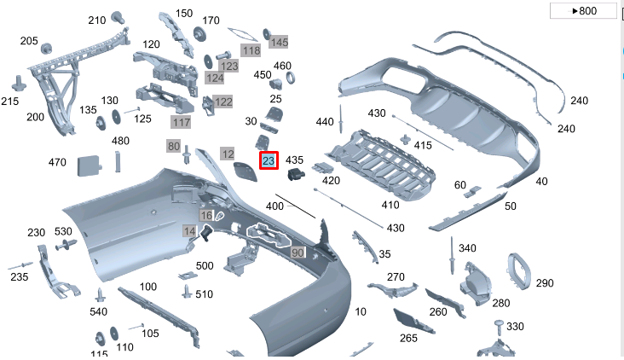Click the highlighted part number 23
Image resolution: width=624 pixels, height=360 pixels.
click(269, 160)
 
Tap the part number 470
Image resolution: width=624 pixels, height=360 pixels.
click(57, 162)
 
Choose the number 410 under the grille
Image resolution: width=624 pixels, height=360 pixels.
click(390, 205)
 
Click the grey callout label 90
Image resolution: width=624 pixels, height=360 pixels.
click(298, 253)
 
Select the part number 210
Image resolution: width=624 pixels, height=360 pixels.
click(97, 20)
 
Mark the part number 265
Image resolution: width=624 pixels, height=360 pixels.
click(408, 339)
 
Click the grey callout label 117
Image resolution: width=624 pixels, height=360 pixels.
click(181, 123)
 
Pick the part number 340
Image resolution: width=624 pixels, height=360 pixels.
click(467, 248)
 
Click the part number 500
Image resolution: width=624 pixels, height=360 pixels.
click(205, 266)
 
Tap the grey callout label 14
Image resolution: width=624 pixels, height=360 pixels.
click(189, 231)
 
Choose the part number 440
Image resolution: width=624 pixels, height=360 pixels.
click(325, 122)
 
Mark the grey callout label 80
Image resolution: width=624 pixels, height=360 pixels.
click(174, 147)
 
